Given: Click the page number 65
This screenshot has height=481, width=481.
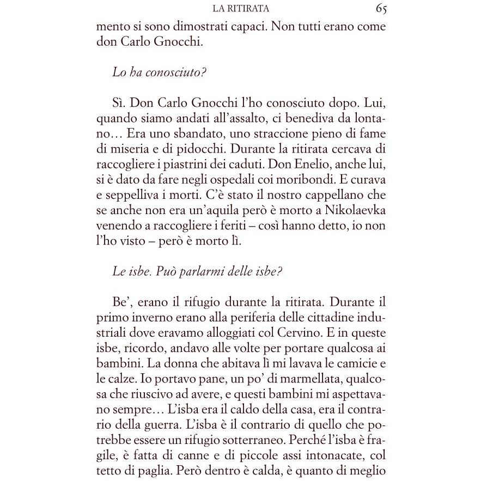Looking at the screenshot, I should (x=381, y=9).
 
